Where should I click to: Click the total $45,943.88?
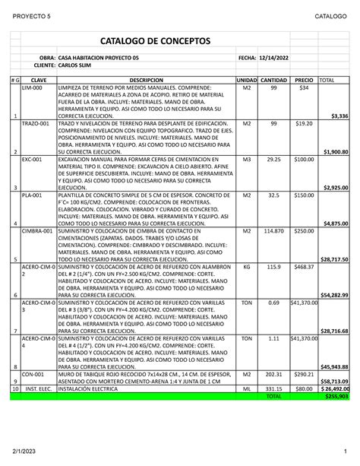pyautogui.click(x=334, y=366)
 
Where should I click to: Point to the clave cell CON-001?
pyautogui.click(x=33, y=374)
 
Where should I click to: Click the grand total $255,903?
pyautogui.click(x=335, y=396)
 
